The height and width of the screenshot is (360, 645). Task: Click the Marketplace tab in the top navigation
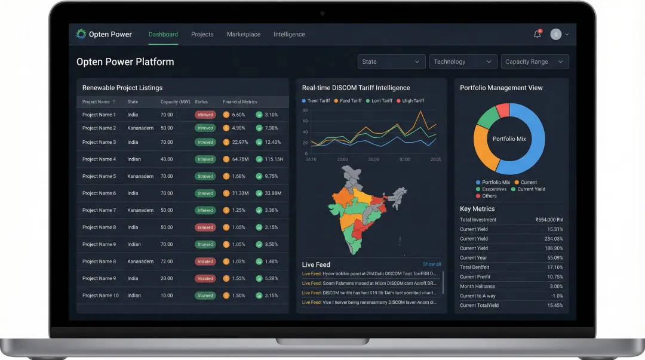click(x=243, y=35)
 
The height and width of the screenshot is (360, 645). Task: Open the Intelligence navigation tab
click(x=289, y=35)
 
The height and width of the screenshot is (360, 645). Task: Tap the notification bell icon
click(x=537, y=35)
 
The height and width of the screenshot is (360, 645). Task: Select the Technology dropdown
click(x=463, y=62)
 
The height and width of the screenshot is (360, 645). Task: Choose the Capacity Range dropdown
click(x=535, y=62)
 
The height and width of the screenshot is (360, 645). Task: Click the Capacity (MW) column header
click(x=175, y=102)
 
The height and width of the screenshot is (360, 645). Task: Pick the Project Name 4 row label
click(x=99, y=159)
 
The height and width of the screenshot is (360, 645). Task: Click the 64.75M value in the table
click(x=240, y=159)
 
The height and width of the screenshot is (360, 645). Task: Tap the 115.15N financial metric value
click(x=274, y=159)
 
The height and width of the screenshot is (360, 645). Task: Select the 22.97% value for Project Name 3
click(x=239, y=143)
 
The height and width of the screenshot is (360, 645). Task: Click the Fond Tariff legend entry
click(x=351, y=101)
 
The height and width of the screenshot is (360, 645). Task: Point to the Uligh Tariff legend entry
click(x=413, y=101)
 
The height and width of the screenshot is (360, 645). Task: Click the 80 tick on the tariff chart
click(x=305, y=110)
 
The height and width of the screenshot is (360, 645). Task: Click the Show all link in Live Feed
click(x=432, y=264)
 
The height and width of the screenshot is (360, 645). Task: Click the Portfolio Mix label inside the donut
click(x=509, y=139)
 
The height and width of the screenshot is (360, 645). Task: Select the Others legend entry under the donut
click(x=489, y=196)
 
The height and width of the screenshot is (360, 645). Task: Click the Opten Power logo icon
click(x=81, y=34)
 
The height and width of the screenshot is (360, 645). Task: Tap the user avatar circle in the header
click(x=556, y=35)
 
